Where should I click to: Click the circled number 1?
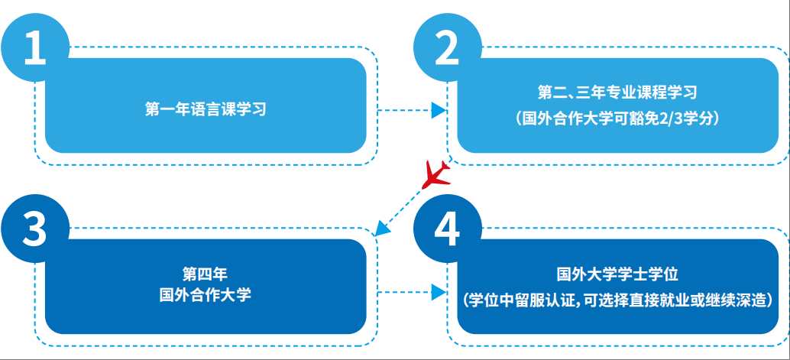pyautogui.click(x=35, y=47)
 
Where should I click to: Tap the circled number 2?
pyautogui.click(x=447, y=47)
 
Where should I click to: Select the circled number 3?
pyautogui.click(x=35, y=229)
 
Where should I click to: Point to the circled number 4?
pyautogui.click(x=447, y=229)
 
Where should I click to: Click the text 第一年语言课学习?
pyautogui.click(x=205, y=109)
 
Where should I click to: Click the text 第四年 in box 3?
pyautogui.click(x=205, y=274)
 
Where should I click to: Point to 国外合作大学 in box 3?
pyautogui.click(x=205, y=294)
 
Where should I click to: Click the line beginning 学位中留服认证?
pyautogui.click(x=617, y=300)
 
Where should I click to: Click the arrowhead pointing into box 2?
pyautogui.click(x=438, y=110)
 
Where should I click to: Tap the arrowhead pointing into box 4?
pyautogui.click(x=438, y=292)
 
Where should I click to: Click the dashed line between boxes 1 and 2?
pyautogui.click(x=405, y=110)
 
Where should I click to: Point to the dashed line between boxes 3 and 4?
pyautogui.click(x=405, y=292)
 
